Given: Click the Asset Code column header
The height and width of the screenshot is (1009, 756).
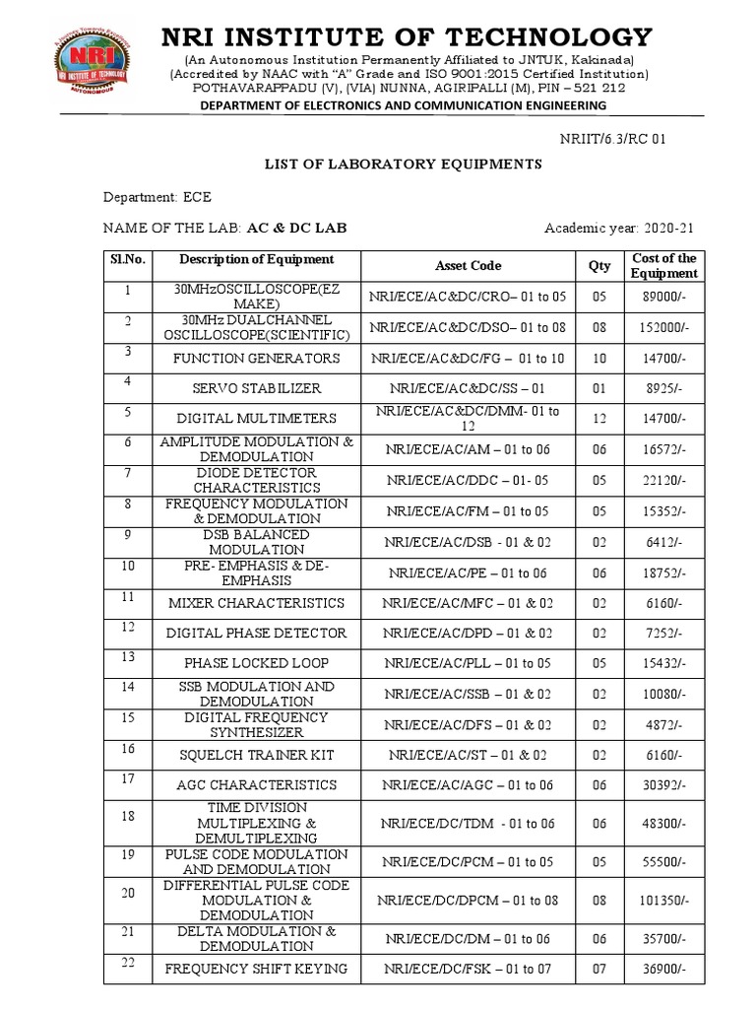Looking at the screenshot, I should click(x=468, y=265).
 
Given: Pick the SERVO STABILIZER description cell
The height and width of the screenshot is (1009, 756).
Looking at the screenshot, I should click(x=256, y=388).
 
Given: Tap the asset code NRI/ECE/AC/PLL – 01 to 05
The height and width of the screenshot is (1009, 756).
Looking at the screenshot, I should click(x=468, y=663).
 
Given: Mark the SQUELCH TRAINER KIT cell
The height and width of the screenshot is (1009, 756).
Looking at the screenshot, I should click(x=256, y=755).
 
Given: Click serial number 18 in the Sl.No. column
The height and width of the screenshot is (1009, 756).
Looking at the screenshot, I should click(x=126, y=816).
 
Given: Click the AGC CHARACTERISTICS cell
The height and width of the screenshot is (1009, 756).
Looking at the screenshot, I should click(x=256, y=785).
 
